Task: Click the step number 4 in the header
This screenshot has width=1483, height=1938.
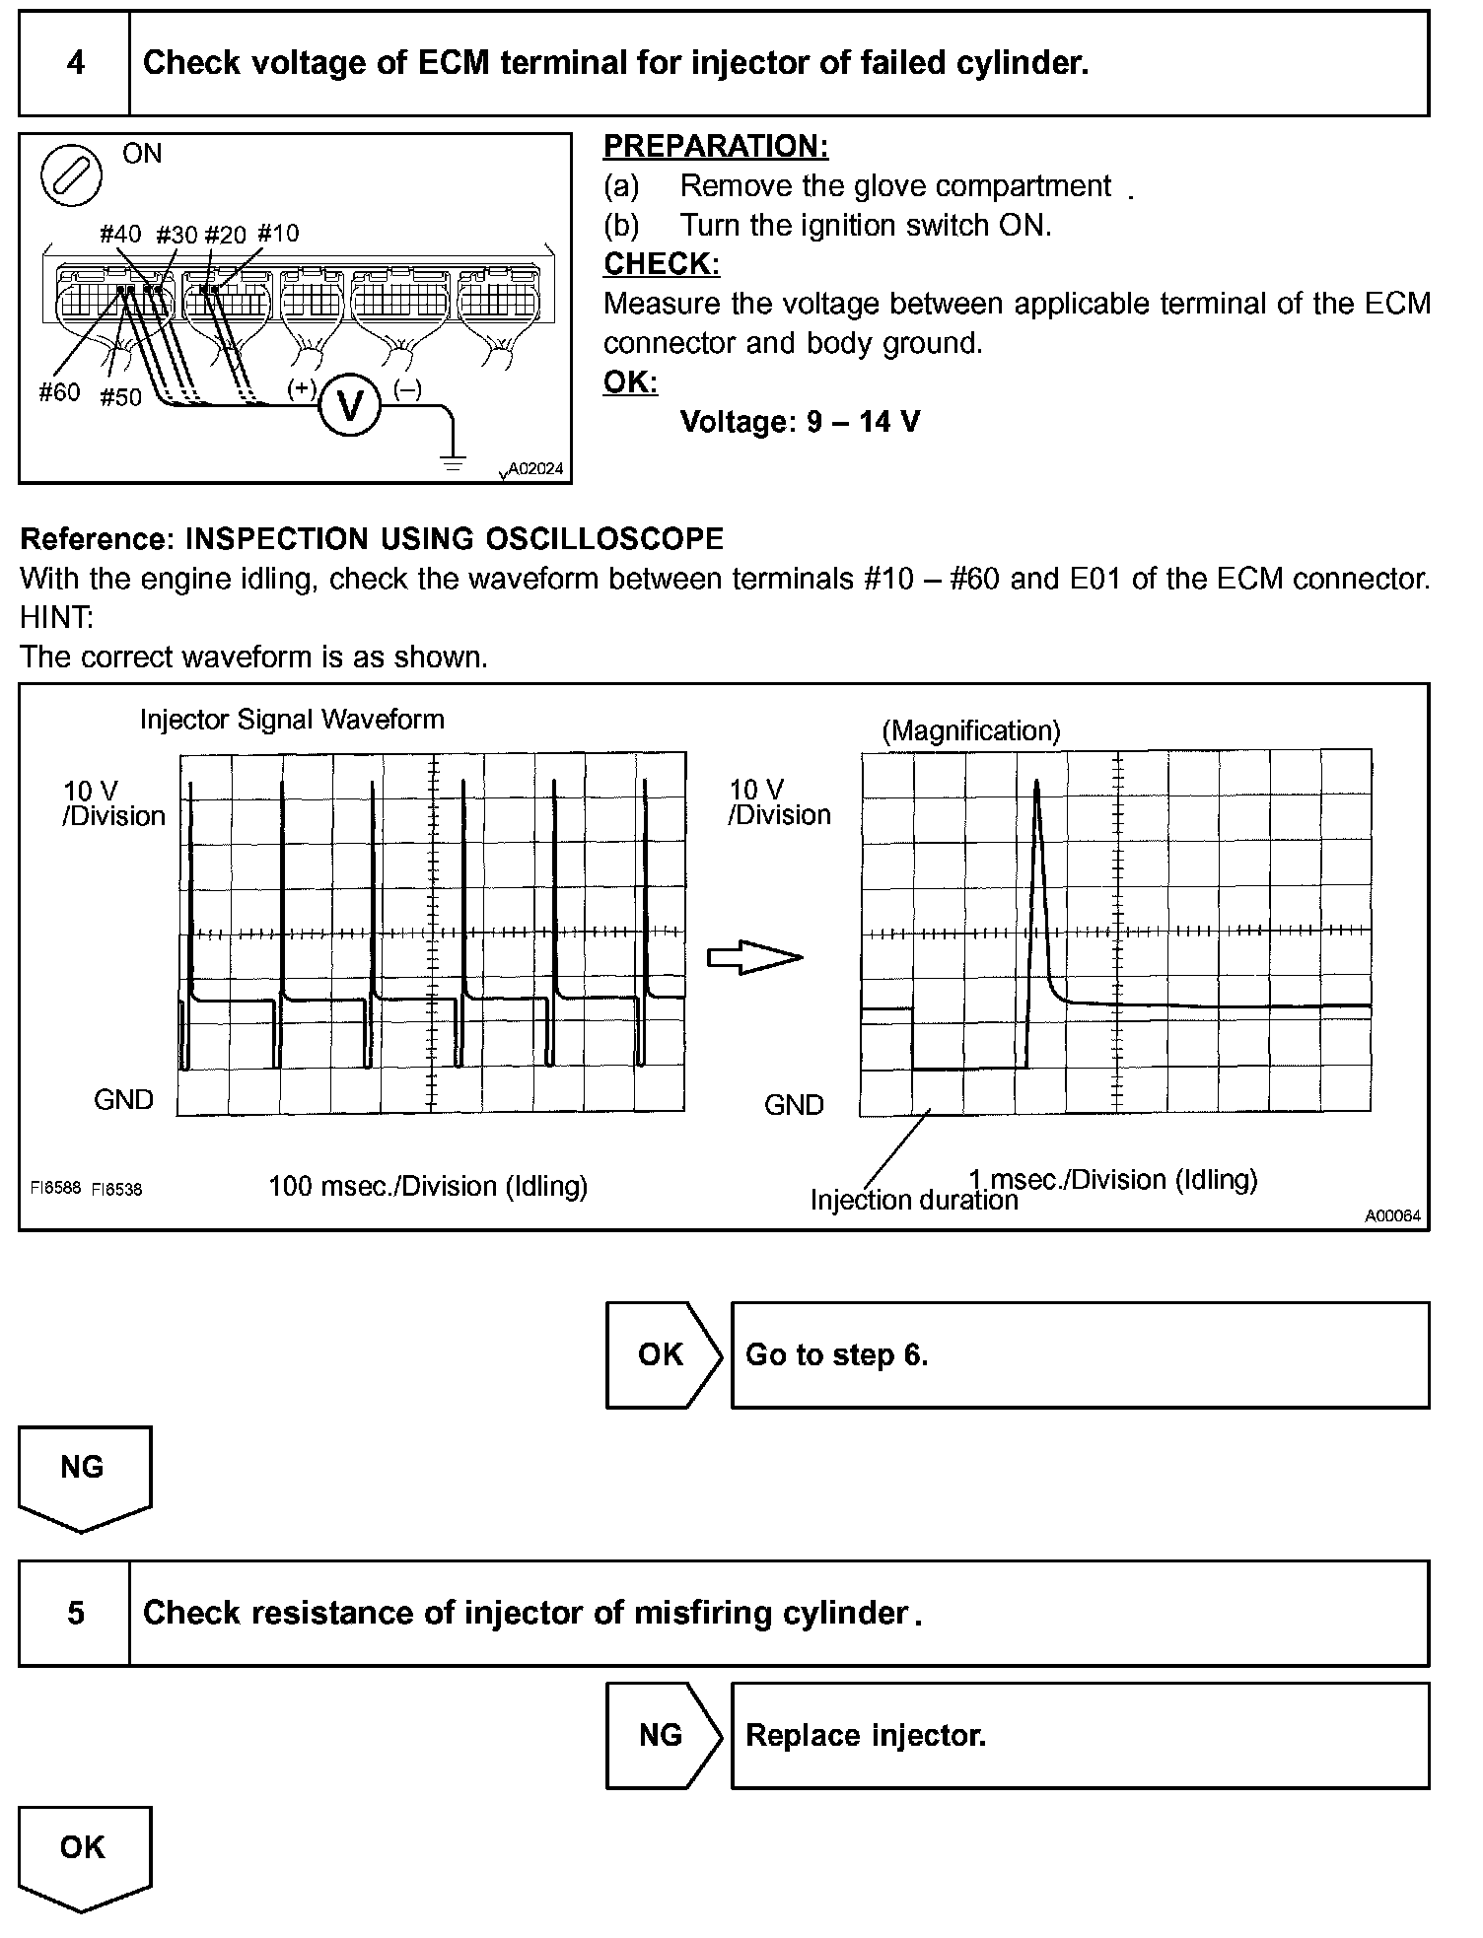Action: point(76,64)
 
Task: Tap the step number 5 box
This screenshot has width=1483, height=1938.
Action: point(76,1613)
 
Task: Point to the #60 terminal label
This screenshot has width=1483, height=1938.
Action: point(59,392)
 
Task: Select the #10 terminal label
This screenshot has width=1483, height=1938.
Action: point(277,234)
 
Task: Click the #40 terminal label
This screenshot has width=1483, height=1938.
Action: point(120,234)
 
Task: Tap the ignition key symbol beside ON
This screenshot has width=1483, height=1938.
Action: point(71,174)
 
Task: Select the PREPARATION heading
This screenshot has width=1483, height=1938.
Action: point(715,146)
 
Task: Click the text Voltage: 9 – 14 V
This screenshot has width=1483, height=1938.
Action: point(800,422)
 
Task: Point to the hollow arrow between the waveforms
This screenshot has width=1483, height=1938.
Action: point(754,957)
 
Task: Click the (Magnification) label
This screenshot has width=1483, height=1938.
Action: point(970,730)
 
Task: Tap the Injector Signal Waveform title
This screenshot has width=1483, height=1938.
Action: point(292,720)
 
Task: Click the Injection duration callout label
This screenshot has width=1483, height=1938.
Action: point(913,1201)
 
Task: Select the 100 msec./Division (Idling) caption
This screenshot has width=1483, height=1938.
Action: point(428,1186)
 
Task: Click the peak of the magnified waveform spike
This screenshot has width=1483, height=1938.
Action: point(1036,783)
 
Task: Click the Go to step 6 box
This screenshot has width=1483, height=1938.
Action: point(1079,1354)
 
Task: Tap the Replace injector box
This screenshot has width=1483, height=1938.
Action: point(1079,1735)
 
